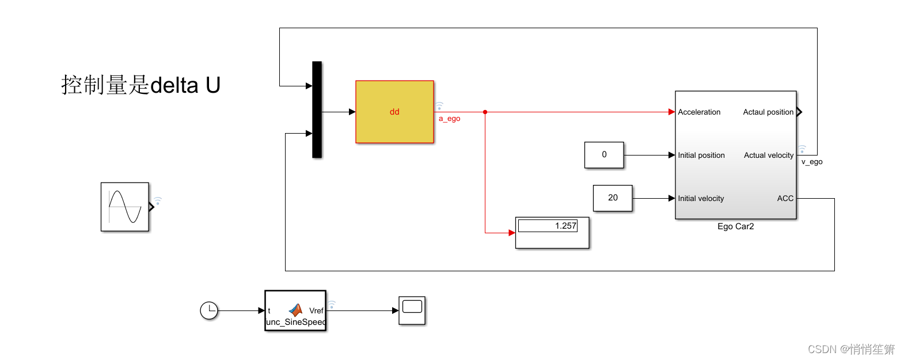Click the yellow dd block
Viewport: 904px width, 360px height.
click(394, 112)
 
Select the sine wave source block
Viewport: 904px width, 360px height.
click(125, 207)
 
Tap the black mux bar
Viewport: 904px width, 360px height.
click(317, 109)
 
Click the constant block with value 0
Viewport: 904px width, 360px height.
click(604, 155)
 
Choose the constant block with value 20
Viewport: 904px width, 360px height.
click(613, 198)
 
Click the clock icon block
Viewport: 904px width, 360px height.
click(209, 310)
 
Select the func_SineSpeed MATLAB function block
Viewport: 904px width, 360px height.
click(295, 311)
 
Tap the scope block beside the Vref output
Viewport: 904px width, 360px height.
click(412, 310)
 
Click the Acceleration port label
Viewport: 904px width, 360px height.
click(699, 112)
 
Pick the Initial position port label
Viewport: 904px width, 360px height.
click(701, 156)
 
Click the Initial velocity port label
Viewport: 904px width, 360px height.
click(701, 199)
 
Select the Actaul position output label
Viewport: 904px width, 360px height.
click(768, 112)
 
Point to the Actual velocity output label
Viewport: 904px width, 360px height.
click(769, 156)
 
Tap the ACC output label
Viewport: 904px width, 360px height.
click(785, 199)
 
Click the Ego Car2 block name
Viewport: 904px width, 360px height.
click(735, 226)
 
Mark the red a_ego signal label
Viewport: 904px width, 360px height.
click(450, 119)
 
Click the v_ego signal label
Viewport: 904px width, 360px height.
click(812, 162)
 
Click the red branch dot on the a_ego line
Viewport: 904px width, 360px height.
click(485, 112)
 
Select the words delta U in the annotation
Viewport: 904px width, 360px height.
click(185, 85)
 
